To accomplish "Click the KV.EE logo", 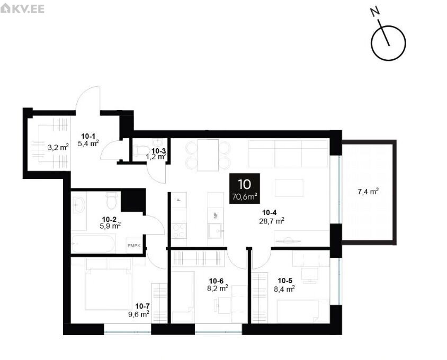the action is click(22, 8).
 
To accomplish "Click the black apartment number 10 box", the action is click(245, 188).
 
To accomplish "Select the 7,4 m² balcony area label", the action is click(368, 192).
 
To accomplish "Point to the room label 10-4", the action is click(269, 212).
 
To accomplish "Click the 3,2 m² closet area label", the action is click(58, 147).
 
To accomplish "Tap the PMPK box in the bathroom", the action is click(134, 245).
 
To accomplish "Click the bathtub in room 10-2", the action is click(93, 244).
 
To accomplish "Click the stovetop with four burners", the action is click(179, 231).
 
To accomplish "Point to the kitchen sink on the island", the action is click(214, 231).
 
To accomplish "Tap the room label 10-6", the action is click(216, 281).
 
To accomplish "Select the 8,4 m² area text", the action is click(284, 289).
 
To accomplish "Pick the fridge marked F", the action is click(179, 200).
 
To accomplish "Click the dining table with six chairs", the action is click(208, 155).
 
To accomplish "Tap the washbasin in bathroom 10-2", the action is click(79, 204).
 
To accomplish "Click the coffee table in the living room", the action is click(289, 187).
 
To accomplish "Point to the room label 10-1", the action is click(88, 136).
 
